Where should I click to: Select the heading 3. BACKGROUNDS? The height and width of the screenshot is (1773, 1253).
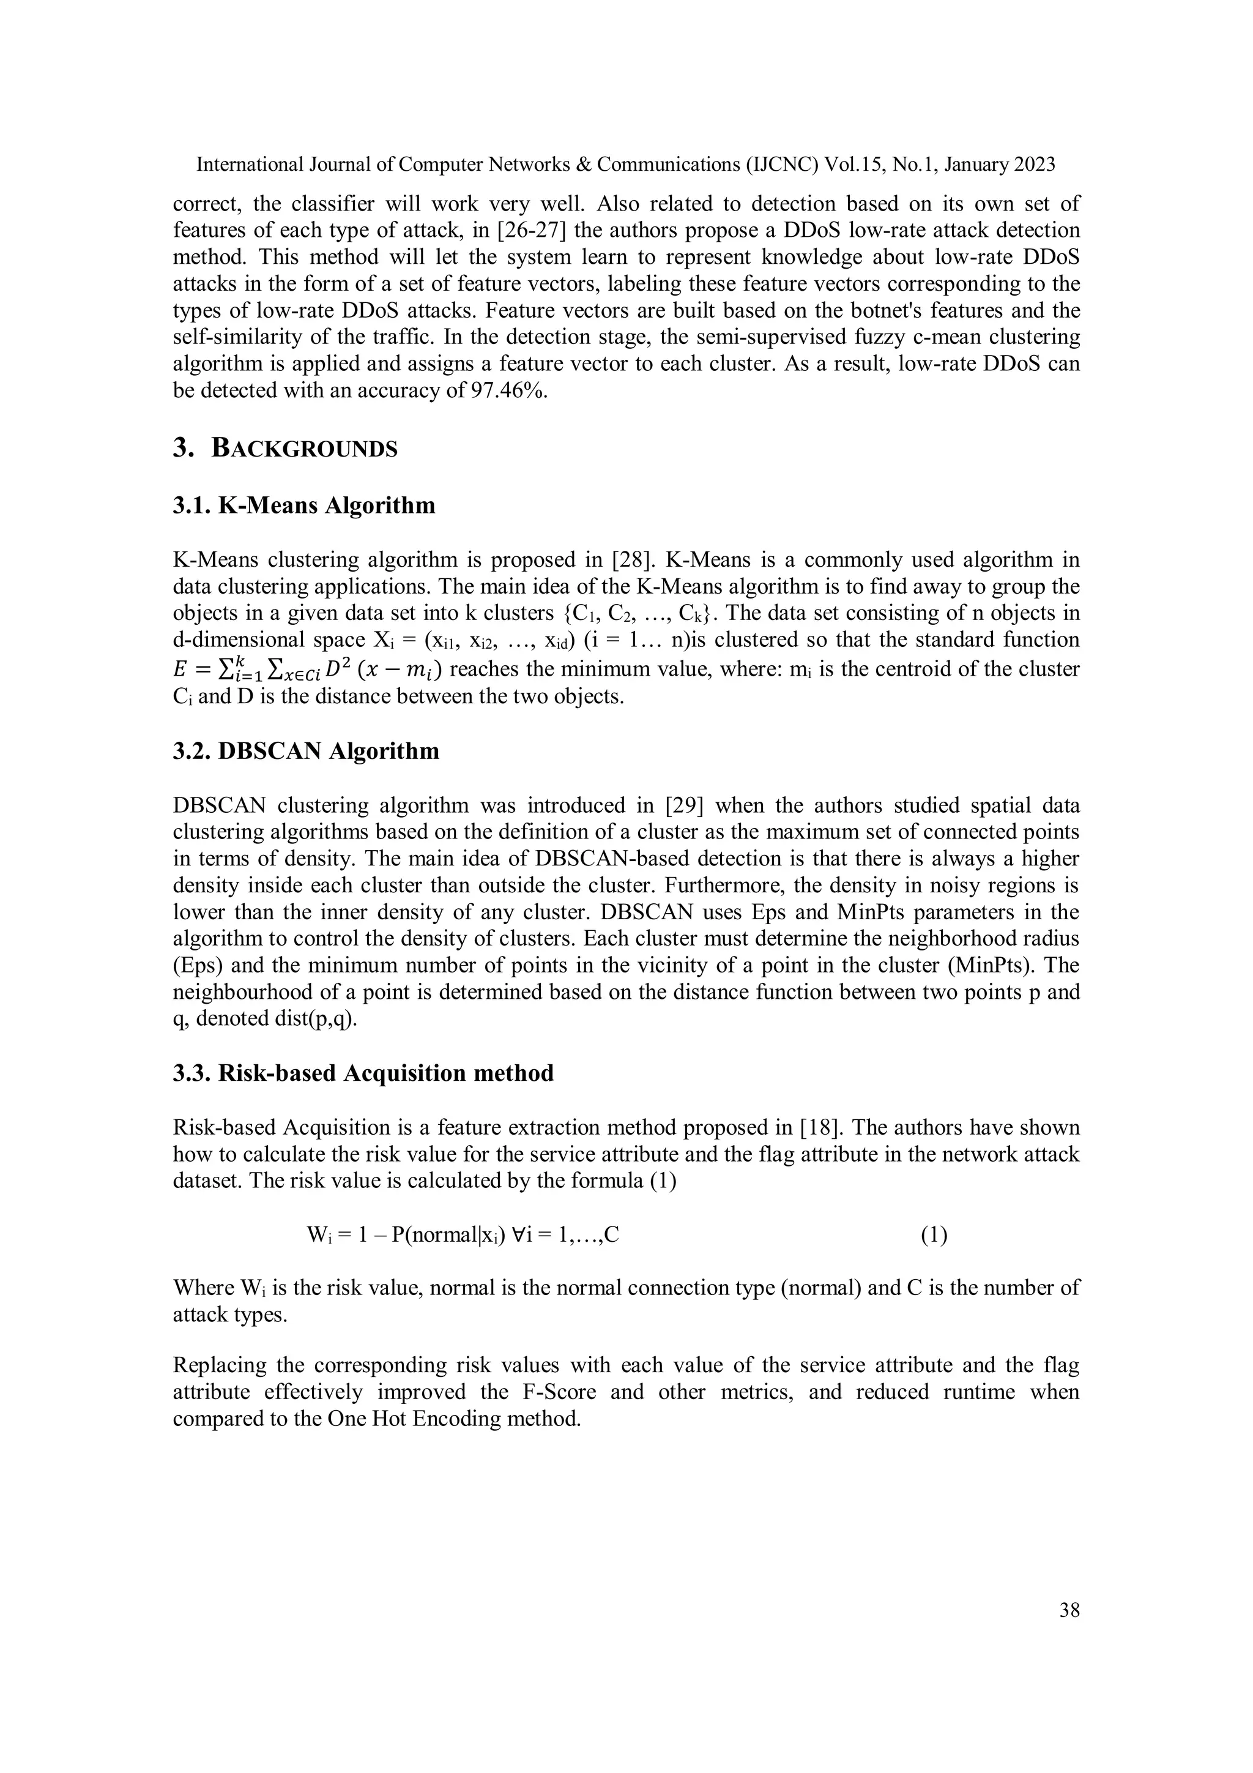(x=285, y=448)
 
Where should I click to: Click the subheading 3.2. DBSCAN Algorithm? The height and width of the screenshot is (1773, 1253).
(x=306, y=752)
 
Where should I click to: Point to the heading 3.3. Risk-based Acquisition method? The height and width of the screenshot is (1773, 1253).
(x=363, y=1073)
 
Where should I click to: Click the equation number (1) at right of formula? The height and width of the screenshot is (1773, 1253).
(x=934, y=1236)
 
